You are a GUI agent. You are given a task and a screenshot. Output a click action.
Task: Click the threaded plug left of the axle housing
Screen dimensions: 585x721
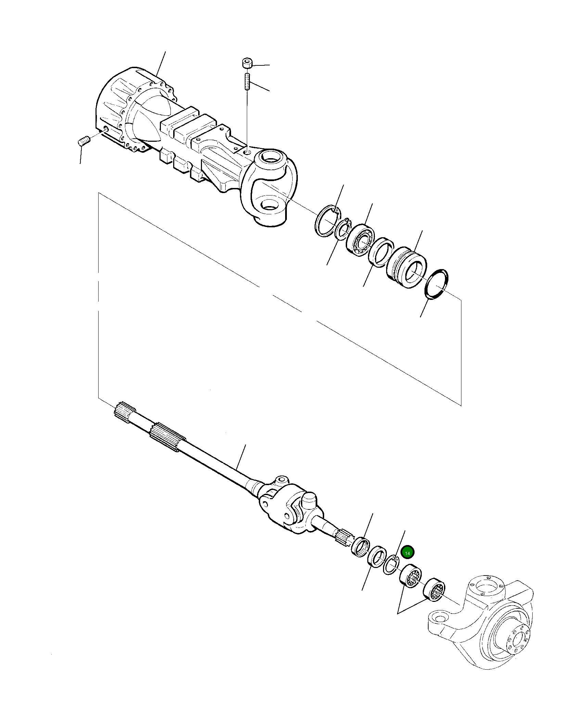(84, 141)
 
